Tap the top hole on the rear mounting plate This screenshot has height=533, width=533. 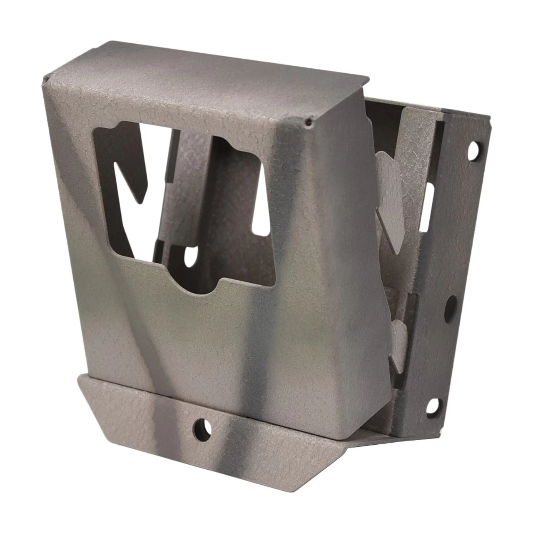[x=474, y=151]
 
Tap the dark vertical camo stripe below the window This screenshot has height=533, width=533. [x=258, y=354]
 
